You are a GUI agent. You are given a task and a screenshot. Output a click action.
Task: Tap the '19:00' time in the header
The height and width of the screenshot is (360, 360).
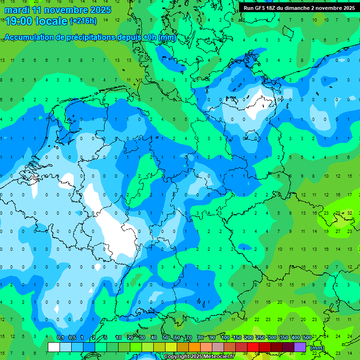pyautogui.click(x=19, y=21)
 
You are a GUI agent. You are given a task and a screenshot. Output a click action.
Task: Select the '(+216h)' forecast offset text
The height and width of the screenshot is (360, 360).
pyautogui.click(x=83, y=21)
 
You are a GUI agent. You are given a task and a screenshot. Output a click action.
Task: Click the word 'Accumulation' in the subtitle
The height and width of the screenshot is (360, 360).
pyautogui.click(x=32, y=37)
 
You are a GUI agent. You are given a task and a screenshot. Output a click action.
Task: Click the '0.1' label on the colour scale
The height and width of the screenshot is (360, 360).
pyautogui.click(x=60, y=338)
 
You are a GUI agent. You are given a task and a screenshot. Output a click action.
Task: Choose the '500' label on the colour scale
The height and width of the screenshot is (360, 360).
pyautogui.click(x=307, y=338)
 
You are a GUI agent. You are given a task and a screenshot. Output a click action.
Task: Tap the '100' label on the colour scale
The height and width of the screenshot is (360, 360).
pyautogui.click(x=225, y=338)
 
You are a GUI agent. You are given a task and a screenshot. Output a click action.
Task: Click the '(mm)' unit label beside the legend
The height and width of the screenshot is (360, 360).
pyautogui.click(x=317, y=347)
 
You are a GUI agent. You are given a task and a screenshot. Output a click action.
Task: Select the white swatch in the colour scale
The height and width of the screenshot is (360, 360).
pyautogui.click(x=54, y=347)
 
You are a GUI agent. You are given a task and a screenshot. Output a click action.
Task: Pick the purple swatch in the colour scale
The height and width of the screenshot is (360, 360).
pyautogui.click(x=300, y=347)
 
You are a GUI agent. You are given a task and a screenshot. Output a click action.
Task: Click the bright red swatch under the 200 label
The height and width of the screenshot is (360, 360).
pyautogui.click(x=253, y=347)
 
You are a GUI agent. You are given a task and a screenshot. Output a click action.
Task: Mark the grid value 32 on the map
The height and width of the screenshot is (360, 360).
pyautogui.click(x=350, y=213)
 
